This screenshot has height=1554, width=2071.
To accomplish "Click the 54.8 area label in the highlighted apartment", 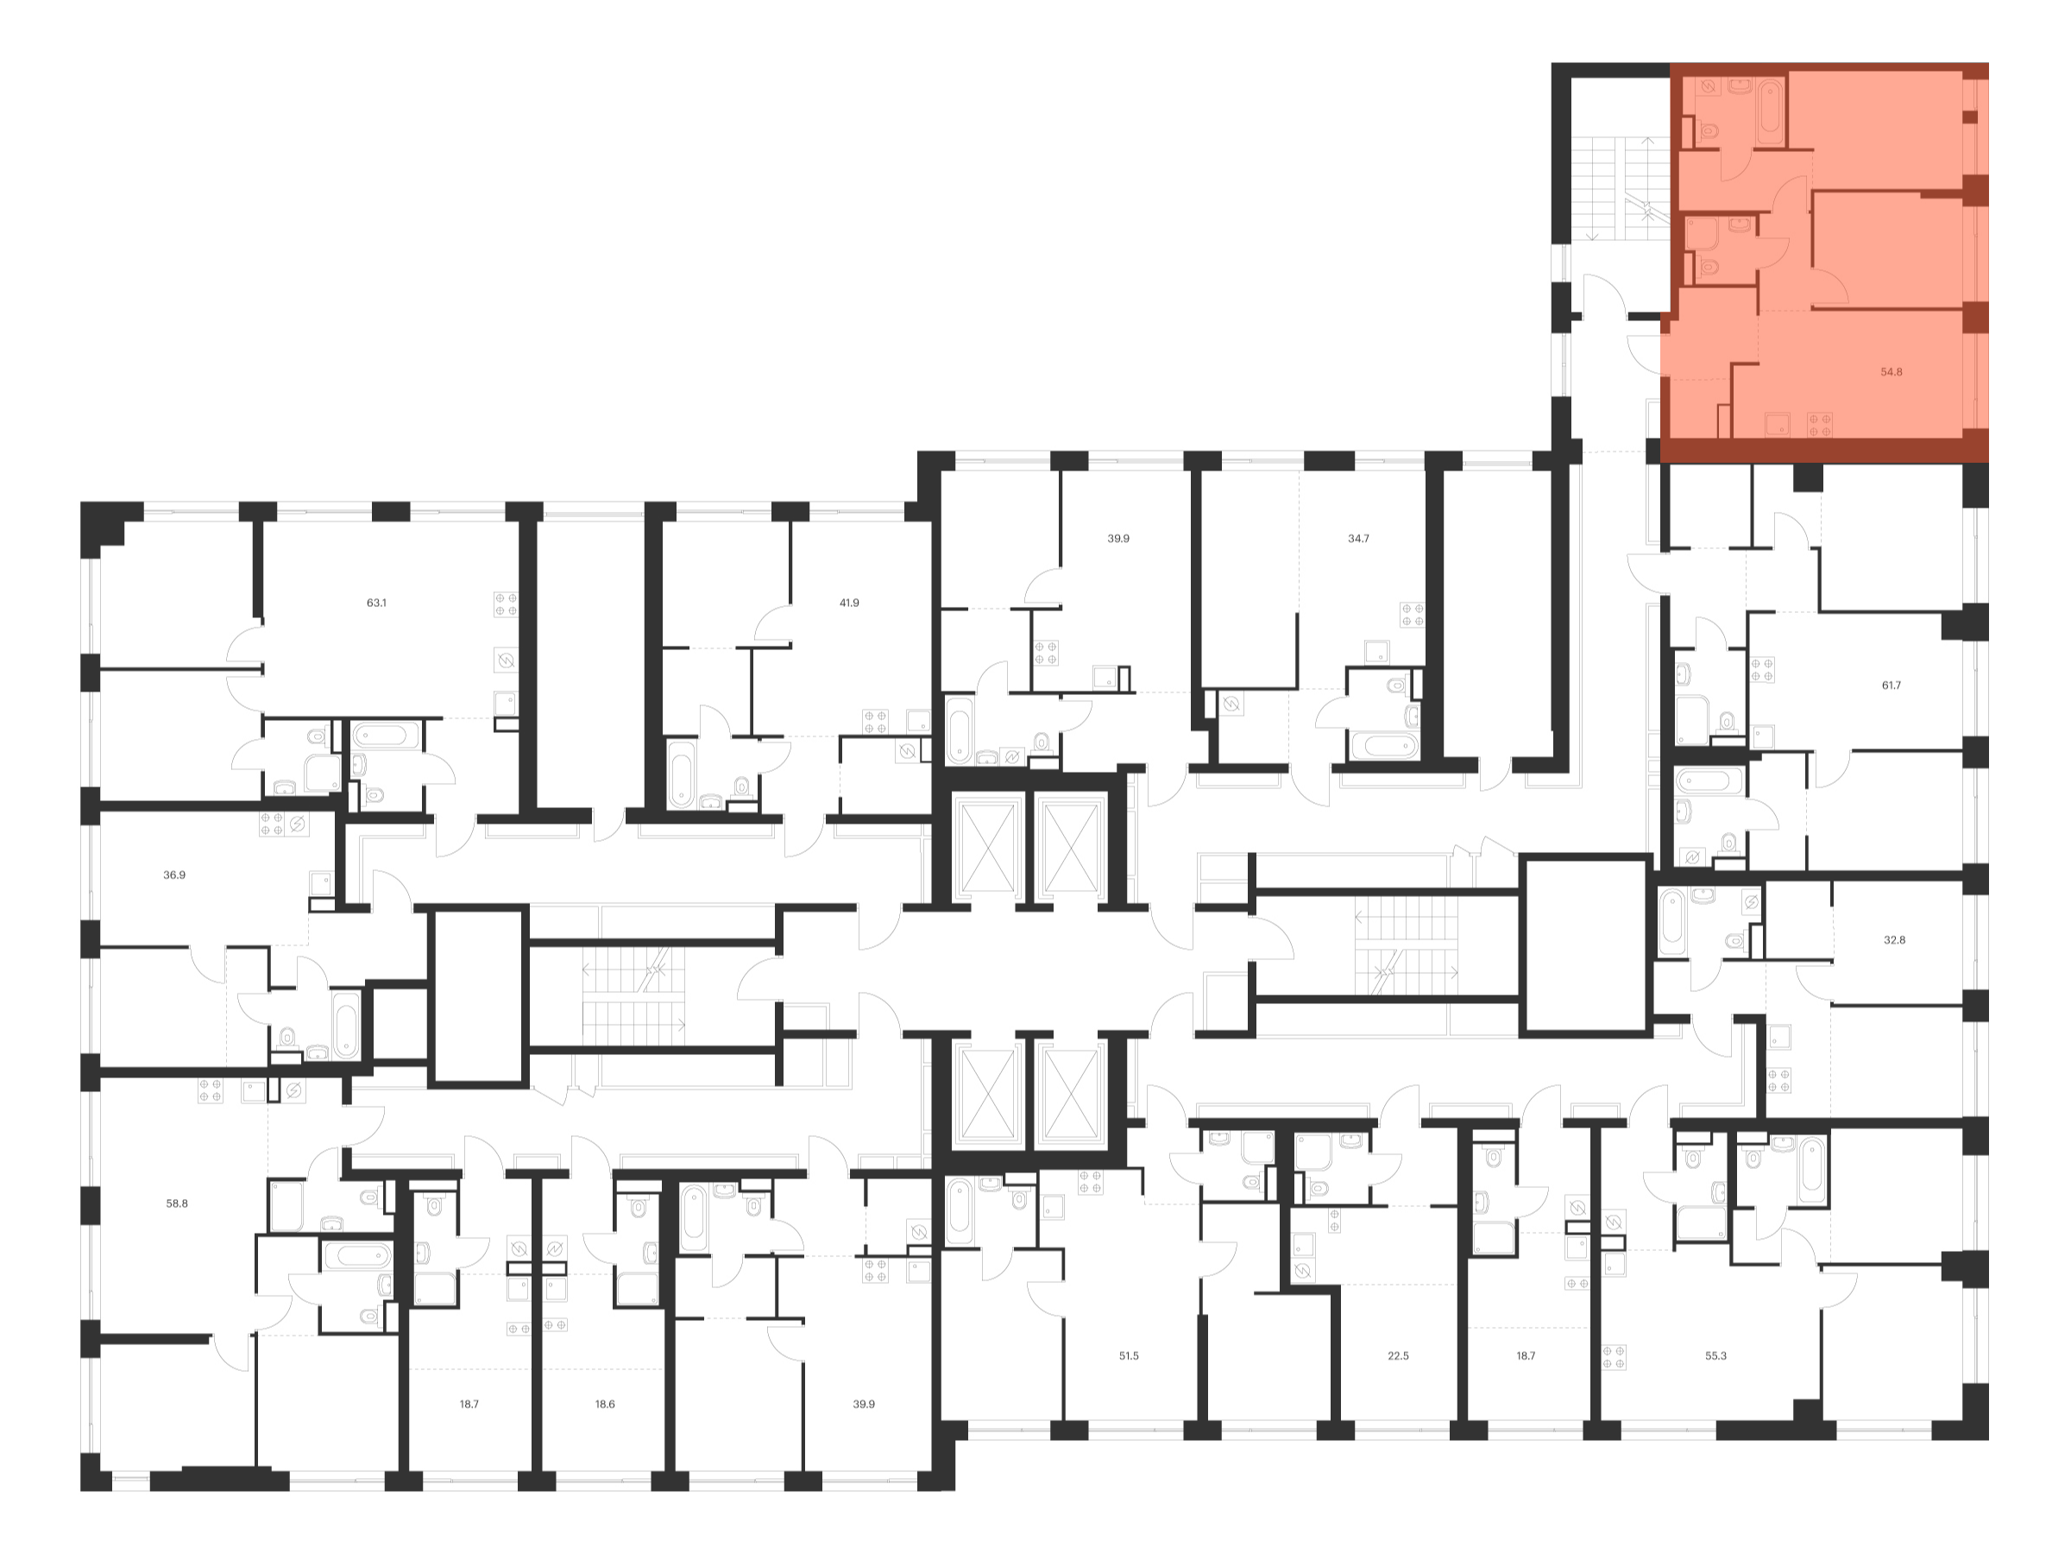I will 1891,372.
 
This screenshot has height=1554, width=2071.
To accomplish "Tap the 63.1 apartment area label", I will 375,603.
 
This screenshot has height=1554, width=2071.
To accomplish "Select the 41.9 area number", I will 848,603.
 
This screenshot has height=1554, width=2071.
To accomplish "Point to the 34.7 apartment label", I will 1357,539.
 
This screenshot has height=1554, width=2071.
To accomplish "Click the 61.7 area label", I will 1891,685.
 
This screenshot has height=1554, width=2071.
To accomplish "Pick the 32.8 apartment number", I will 1893,939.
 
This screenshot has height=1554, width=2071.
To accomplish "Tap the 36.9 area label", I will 174,875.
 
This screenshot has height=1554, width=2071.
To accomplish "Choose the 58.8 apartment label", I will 177,1203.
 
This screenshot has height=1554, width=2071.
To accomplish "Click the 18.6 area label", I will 605,1404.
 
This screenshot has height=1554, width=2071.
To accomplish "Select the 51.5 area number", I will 1128,1355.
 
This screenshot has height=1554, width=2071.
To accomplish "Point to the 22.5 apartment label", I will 1397,1355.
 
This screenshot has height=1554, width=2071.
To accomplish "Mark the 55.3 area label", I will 1715,1355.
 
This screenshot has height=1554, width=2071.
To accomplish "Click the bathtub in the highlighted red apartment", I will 1771,112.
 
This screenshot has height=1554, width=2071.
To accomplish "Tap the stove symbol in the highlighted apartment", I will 1819,425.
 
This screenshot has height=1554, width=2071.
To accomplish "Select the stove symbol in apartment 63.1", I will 506,604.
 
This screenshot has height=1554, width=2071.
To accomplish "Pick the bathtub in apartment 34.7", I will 1384,747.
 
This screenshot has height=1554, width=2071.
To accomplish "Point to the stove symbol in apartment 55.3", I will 1613,1357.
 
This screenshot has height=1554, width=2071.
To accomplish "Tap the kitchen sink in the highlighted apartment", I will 1777,425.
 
